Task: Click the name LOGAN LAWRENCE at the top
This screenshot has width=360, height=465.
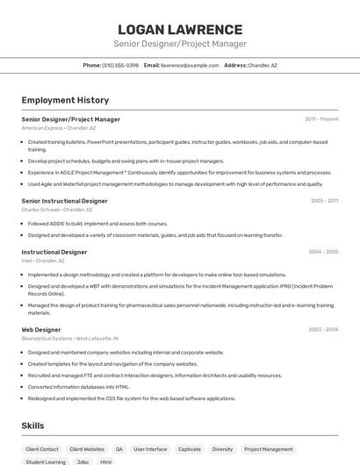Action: [180, 29]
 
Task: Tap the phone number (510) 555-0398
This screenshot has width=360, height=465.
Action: [120, 65]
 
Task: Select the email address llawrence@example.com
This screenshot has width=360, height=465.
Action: [190, 65]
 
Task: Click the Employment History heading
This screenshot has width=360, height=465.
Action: [65, 100]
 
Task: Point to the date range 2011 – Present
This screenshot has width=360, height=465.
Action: [321, 118]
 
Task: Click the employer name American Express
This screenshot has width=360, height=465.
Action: [42, 128]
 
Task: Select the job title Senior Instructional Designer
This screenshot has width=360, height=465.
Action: [64, 201]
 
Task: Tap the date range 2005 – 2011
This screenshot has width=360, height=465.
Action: [324, 201]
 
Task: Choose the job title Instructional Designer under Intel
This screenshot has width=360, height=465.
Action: [54, 252]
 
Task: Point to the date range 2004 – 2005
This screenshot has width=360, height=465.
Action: [323, 252]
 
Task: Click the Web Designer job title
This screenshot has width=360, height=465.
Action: [41, 329]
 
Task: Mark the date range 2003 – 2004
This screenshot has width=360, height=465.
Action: [323, 329]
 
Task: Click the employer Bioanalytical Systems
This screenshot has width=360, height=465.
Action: [47, 338]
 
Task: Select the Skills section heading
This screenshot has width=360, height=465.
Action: [32, 426]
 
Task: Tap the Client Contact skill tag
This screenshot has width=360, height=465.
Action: [42, 449]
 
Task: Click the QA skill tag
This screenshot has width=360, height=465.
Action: [119, 449]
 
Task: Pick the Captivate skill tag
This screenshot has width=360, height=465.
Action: [190, 449]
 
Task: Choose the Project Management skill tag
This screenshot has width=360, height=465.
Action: [269, 449]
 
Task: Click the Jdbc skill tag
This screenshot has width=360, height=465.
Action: [83, 461]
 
